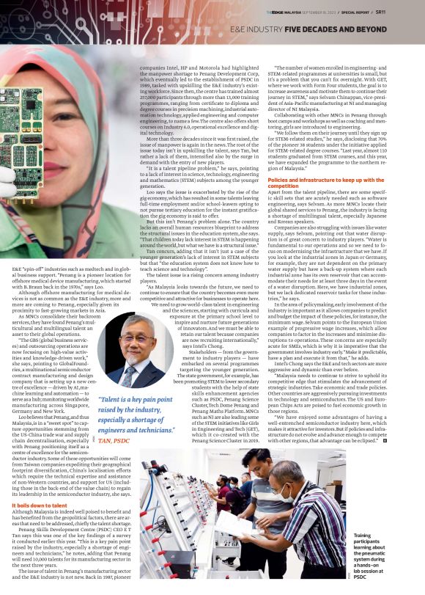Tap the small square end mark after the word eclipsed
point(385,439)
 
